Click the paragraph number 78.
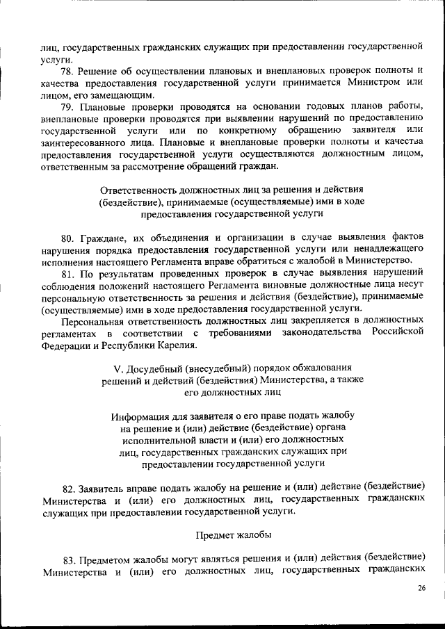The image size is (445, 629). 68,71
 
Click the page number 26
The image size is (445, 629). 421,589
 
